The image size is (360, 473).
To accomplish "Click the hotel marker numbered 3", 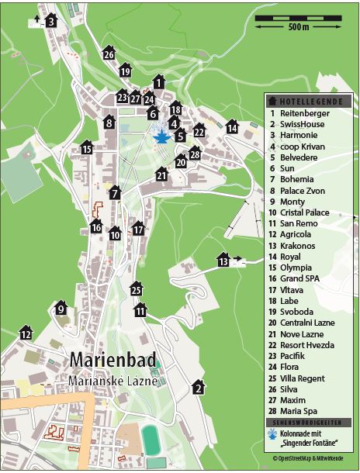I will pos(50,21).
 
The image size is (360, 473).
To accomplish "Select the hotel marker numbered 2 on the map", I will pos(199,387).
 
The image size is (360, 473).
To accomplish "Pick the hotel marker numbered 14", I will pos(232,126).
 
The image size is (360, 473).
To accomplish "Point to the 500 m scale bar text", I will pos(299,27).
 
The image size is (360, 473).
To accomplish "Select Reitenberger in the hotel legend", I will pos(305,113).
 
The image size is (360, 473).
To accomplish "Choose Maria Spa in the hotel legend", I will pos(301,411).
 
